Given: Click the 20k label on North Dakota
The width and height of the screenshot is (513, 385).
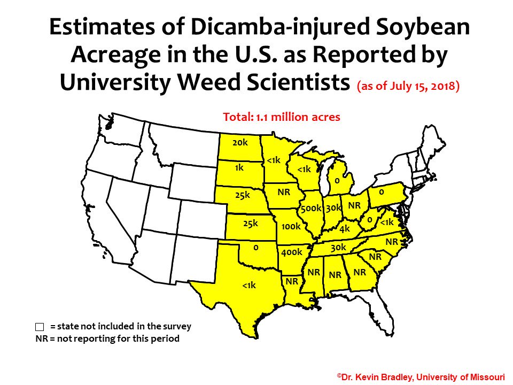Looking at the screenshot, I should (240, 143).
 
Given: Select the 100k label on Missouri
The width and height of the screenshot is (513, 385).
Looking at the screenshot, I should (291, 226).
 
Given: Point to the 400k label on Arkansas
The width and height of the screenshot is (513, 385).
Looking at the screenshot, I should (292, 252).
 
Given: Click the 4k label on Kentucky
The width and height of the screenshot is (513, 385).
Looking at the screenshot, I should (344, 228).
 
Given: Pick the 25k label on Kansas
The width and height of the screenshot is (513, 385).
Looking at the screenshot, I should (250, 223).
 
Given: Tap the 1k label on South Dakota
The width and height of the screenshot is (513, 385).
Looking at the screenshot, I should (239, 167).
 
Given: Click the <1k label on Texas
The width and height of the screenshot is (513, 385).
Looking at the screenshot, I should (249, 286).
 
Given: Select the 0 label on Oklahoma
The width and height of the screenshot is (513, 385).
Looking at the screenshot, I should (256, 248).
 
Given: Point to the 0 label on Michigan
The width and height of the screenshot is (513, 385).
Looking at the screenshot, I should (337, 181).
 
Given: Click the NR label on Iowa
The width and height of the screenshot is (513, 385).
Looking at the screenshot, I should (284, 190).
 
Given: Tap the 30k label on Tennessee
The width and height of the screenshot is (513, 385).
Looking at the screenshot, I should (338, 248).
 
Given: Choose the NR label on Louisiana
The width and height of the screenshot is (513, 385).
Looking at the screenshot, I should (292, 280).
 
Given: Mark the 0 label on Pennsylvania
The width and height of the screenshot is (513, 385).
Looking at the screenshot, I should (381, 191).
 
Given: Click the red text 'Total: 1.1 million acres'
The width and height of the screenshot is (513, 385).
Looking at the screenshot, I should (281, 117).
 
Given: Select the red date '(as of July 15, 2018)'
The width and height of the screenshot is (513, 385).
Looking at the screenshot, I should (409, 87).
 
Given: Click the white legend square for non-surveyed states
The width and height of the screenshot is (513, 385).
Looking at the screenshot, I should (39, 326).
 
